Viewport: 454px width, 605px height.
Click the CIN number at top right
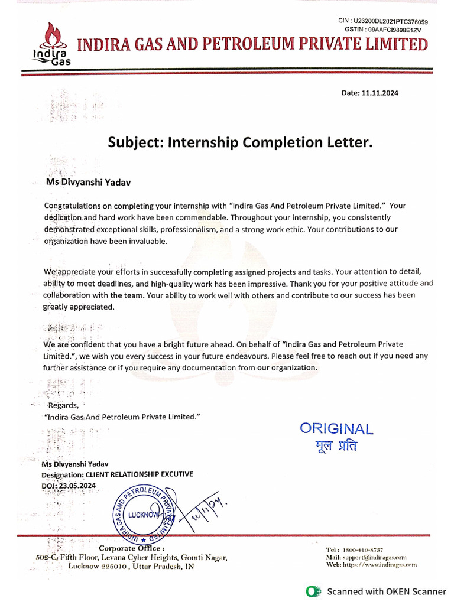coord(391,22)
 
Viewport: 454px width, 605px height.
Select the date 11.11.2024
coord(384,93)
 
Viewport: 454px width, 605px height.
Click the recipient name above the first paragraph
coord(89,183)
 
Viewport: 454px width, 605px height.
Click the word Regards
coord(63,405)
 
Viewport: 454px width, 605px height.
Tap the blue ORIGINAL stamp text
coord(336,429)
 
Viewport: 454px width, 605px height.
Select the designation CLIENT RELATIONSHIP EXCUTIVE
coord(140,474)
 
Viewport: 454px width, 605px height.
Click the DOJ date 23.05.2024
coord(77,486)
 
